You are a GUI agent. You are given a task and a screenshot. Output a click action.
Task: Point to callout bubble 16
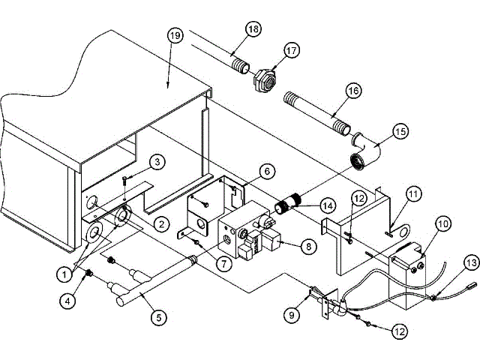(352, 91)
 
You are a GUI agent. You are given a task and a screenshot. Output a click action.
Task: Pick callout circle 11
(413, 193)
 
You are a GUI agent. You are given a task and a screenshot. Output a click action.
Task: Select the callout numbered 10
(442, 223)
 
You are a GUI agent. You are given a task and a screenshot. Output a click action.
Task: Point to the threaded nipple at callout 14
(290, 203)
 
